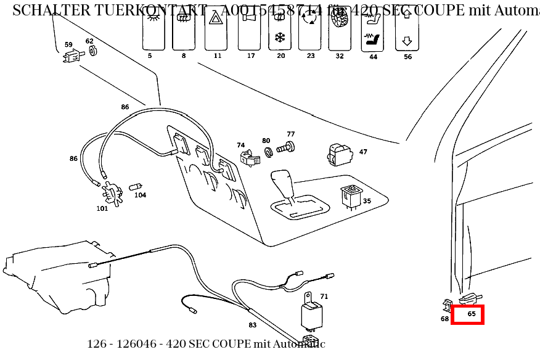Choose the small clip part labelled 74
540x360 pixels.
(x=249, y=158)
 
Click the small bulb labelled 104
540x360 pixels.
(x=137, y=186)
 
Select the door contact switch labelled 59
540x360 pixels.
(x=71, y=57)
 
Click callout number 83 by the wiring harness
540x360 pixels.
(x=253, y=325)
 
